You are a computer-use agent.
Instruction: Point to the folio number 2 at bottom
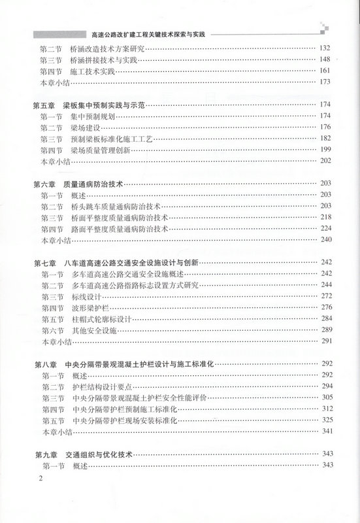point(40,481)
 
